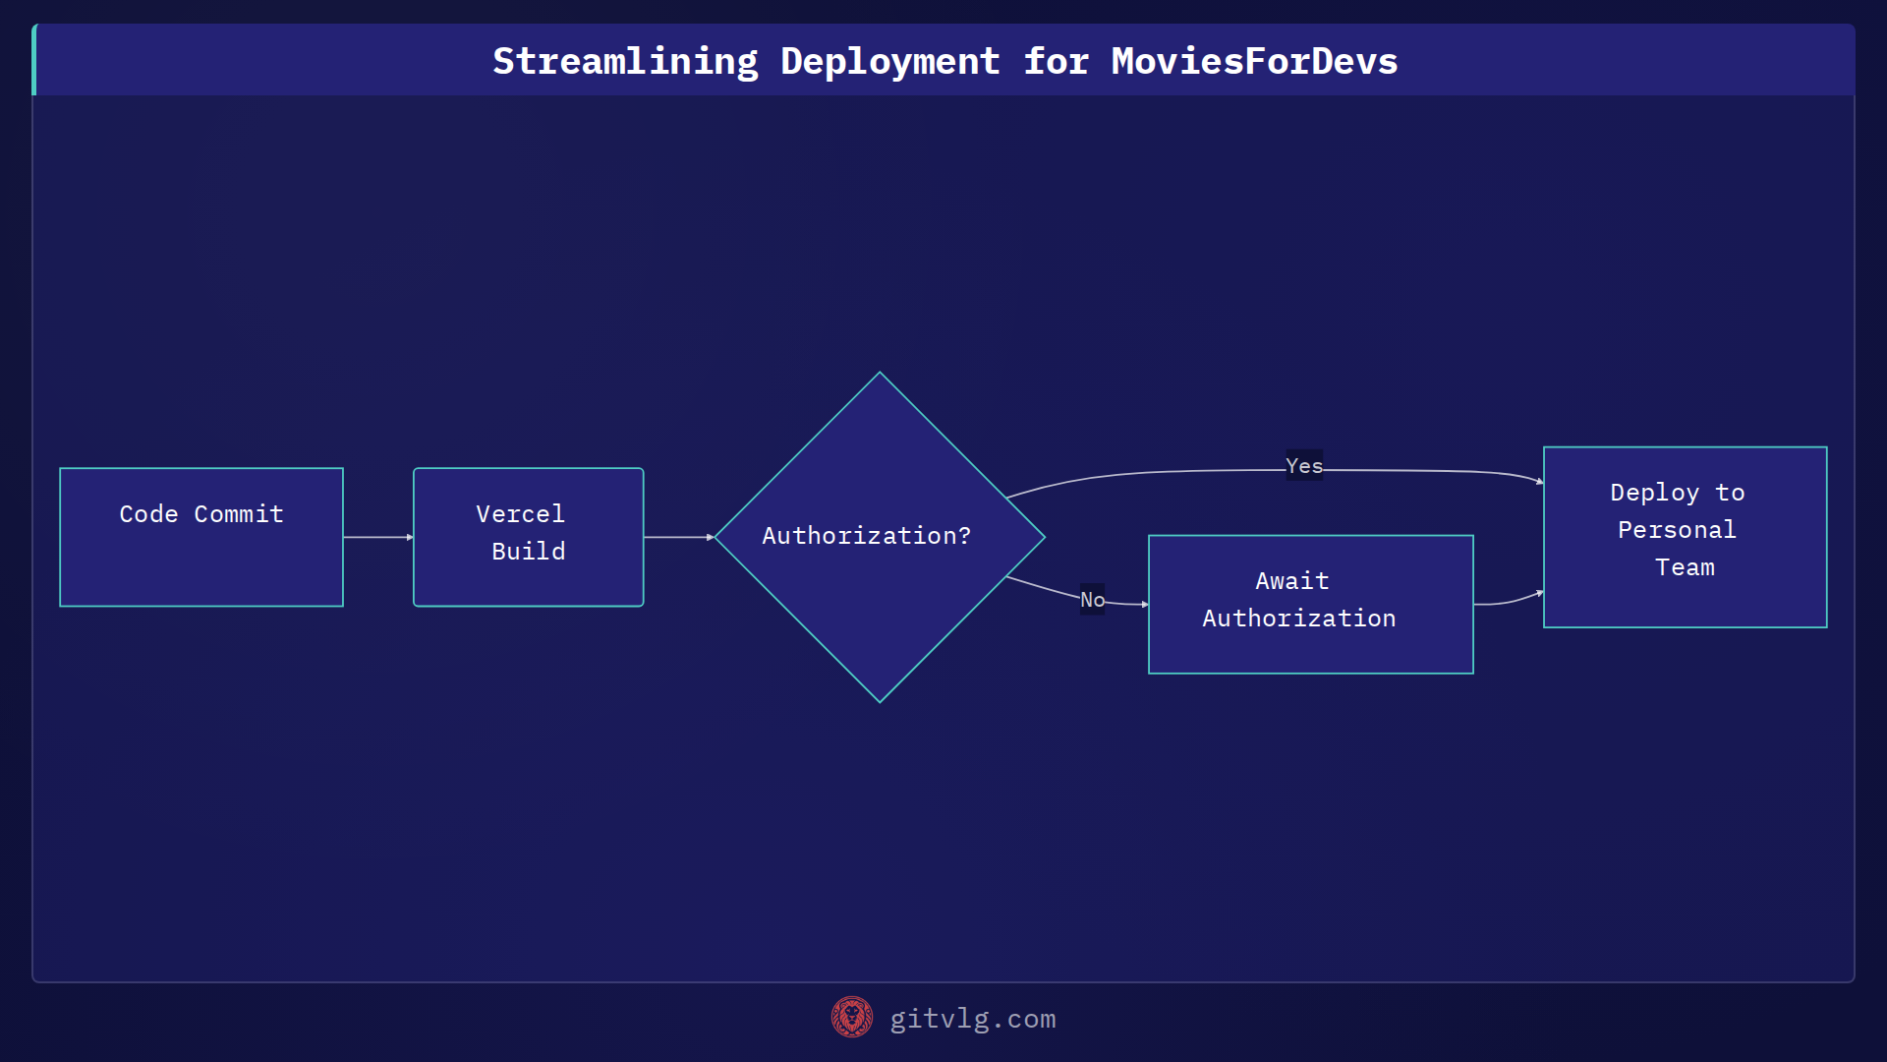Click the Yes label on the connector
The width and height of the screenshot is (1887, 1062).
(x=1304, y=466)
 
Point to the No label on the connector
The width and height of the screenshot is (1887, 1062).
(x=1092, y=600)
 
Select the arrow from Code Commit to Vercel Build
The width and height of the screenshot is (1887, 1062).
(x=377, y=537)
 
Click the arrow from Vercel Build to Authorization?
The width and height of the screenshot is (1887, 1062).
(x=678, y=537)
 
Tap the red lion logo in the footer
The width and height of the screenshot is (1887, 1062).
(x=851, y=1017)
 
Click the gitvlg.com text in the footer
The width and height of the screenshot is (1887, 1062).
(x=972, y=1019)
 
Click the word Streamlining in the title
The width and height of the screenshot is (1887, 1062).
(x=625, y=61)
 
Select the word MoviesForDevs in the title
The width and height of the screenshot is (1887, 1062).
(x=1254, y=61)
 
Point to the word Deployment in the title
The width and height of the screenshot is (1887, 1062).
(x=889, y=61)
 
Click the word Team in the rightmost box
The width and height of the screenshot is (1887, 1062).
(x=1685, y=567)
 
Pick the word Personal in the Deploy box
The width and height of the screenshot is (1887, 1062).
(x=1677, y=530)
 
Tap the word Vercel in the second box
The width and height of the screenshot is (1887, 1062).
(x=520, y=514)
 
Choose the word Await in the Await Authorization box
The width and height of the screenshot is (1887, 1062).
(x=1291, y=581)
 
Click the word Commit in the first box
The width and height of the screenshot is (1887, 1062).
(x=239, y=514)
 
